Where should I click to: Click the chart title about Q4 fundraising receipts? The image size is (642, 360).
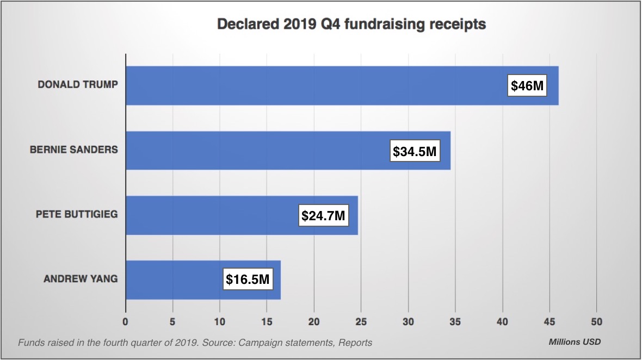[351, 24]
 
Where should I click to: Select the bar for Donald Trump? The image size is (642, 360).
[316, 85]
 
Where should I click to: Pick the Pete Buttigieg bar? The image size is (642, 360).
[212, 215]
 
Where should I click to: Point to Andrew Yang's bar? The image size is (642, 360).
[174, 280]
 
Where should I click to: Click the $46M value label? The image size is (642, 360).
[527, 85]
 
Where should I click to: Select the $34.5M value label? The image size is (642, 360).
[415, 151]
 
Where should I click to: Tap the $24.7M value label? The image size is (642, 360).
[323, 215]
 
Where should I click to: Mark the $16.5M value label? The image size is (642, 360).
[248, 280]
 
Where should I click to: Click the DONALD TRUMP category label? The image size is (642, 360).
[78, 85]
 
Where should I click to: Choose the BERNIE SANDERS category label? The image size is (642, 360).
[73, 150]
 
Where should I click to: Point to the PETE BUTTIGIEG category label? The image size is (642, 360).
[77, 214]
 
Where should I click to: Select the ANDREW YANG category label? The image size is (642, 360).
[81, 279]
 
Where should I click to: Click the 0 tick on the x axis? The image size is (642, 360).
[126, 321]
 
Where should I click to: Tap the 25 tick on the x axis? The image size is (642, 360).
[361, 321]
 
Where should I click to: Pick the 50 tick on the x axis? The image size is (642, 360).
[596, 321]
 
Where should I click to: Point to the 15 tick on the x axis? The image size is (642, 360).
[267, 321]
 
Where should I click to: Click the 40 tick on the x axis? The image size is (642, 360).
[502, 321]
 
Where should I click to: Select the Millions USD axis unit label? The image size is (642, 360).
[575, 342]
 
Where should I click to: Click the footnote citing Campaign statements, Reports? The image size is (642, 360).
[195, 343]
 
